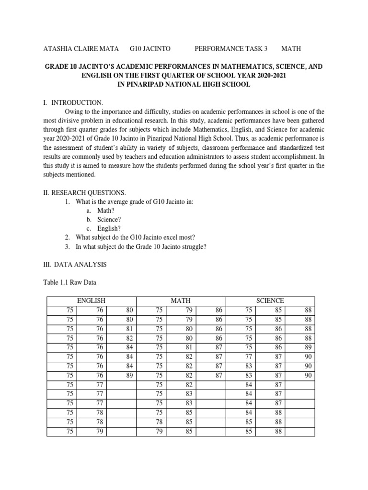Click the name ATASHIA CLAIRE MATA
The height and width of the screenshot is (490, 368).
[x=78, y=49]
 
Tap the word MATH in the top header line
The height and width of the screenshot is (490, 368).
[x=291, y=49]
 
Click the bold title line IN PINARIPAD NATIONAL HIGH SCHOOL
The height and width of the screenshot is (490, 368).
[x=184, y=84]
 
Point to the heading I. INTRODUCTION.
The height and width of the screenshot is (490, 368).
[x=73, y=102]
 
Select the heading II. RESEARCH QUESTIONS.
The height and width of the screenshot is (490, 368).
[x=85, y=192]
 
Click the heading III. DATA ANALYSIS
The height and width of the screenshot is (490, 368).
[x=75, y=264]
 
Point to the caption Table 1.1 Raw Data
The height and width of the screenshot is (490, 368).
[x=70, y=282]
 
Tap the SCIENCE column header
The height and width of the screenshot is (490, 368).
[x=270, y=301]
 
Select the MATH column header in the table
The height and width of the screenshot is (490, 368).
[x=181, y=301]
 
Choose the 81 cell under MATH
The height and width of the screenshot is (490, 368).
[x=189, y=346]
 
